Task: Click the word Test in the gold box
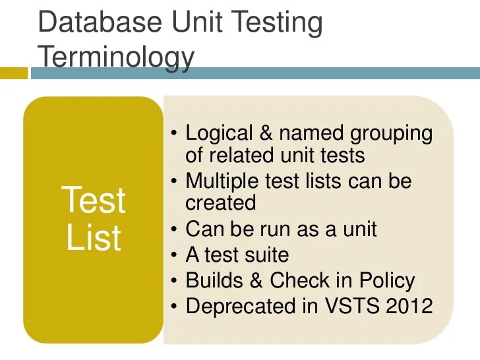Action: [x=93, y=200]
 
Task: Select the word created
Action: [x=220, y=203]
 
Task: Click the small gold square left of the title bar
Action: [x=14, y=73]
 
